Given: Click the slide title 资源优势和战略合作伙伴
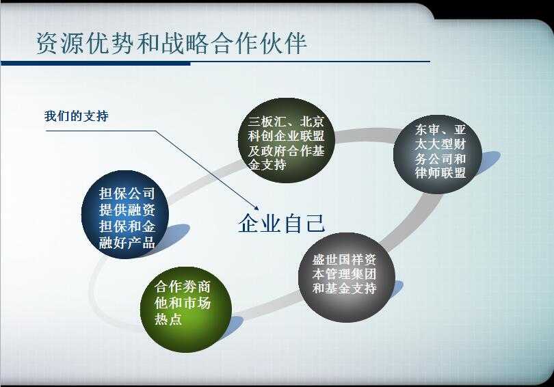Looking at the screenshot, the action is (x=172, y=44).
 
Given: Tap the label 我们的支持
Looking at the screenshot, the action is (x=77, y=116).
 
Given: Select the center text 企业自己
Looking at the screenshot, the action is (x=281, y=223).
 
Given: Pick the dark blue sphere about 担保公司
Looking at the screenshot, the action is (x=125, y=215).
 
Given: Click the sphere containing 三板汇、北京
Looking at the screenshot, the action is (x=286, y=141).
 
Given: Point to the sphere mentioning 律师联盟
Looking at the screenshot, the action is (x=438, y=154).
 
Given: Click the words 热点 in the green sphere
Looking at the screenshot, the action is (x=168, y=319).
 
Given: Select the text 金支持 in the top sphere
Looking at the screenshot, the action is (x=267, y=165).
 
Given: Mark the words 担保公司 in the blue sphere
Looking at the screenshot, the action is (x=127, y=193).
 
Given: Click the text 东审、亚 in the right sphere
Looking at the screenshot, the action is (x=440, y=130).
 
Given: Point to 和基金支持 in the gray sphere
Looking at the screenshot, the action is (x=345, y=289).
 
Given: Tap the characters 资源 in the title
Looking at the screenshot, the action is (x=60, y=44).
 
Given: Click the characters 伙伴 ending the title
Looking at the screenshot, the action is (x=283, y=44).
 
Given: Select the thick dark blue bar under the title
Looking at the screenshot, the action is (x=96, y=64).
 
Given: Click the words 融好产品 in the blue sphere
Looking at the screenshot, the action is (x=127, y=243).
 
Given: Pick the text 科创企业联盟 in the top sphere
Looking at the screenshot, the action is (x=286, y=136).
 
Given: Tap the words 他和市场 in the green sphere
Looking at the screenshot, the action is (x=183, y=303).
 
